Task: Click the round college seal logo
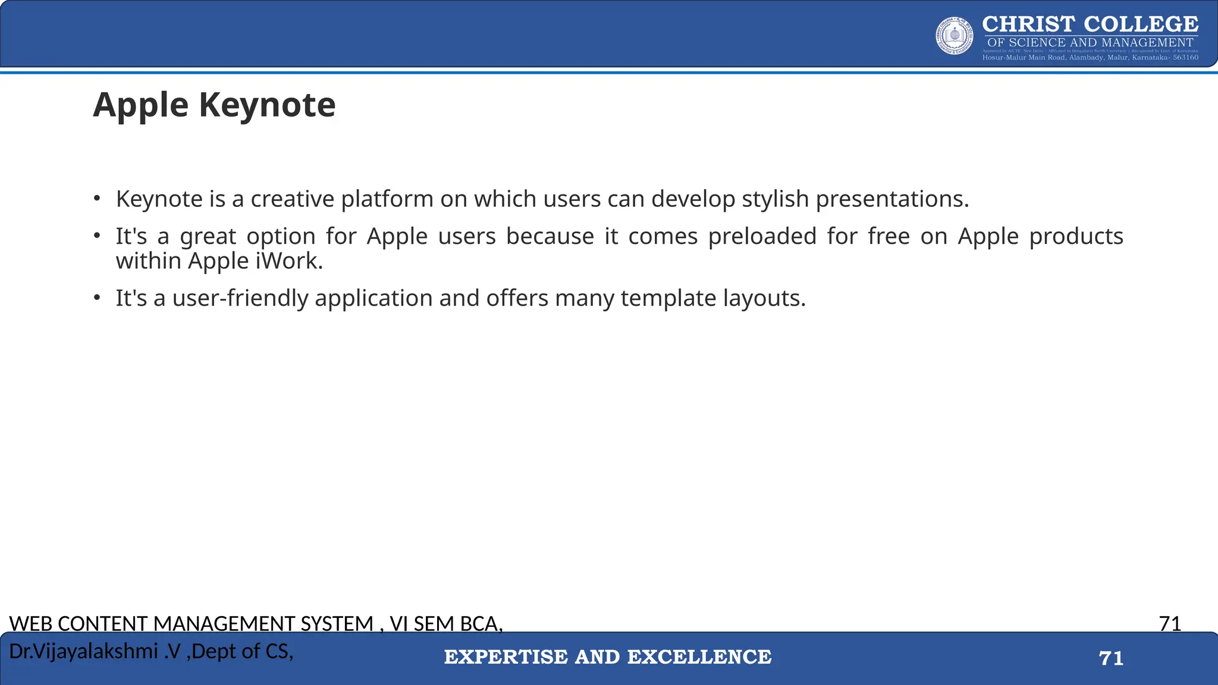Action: [955, 36]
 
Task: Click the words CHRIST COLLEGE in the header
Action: [1090, 24]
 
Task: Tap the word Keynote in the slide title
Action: [267, 105]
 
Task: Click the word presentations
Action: [892, 199]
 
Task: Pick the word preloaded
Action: [762, 237]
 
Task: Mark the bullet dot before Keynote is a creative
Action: [97, 198]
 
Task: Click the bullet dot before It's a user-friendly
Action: [97, 297]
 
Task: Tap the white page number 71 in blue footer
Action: [1111, 658]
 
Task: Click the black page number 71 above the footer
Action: [1170, 624]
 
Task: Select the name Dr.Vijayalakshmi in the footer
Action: [83, 652]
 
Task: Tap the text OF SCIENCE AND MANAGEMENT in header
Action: [1090, 43]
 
